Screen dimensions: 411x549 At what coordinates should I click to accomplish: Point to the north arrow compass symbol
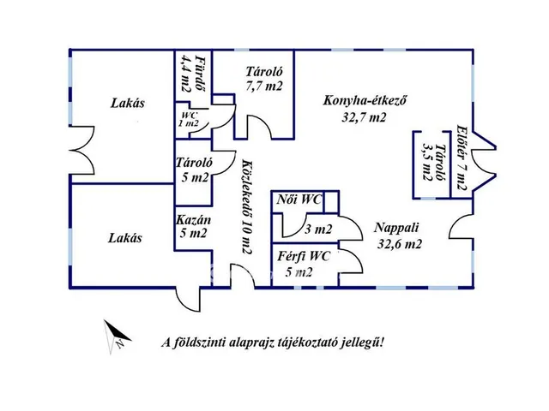[x=115, y=337]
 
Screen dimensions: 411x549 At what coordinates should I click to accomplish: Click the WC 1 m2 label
[x=189, y=119]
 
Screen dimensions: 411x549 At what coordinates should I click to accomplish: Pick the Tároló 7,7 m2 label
[x=263, y=79]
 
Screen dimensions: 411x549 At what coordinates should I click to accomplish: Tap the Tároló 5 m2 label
[x=193, y=170]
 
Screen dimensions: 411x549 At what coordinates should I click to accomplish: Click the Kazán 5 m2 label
[x=193, y=226]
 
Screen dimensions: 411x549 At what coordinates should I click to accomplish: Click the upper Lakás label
[x=127, y=104]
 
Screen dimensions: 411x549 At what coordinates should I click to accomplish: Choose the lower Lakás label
[x=124, y=238]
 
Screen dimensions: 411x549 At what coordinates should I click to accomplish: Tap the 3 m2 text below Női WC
[x=318, y=229]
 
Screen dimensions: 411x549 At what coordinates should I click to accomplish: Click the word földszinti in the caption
[x=202, y=343]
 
